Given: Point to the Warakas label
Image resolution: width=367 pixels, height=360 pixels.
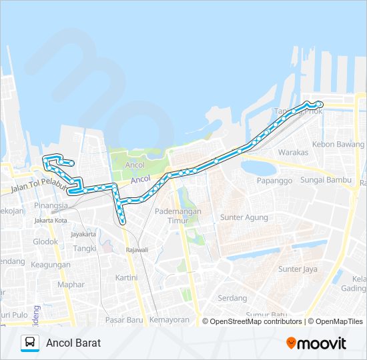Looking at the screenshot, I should click(293, 152).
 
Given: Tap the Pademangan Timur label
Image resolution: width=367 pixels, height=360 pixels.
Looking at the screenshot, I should click(173, 215).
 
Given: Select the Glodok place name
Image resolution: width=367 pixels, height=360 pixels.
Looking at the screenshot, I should click(45, 241).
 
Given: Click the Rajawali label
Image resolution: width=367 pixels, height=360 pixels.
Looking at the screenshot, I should click(137, 250).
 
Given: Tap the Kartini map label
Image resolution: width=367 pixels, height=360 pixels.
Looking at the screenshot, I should click(126, 277).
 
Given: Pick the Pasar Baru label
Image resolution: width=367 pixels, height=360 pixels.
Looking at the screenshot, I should click(125, 320).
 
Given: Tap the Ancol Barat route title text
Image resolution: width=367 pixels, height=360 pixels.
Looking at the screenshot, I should click(73, 343).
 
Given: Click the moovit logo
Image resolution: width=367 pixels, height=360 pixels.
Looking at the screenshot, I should click(316, 343).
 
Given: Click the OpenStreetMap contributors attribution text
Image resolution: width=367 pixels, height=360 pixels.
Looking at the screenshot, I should click(256, 321).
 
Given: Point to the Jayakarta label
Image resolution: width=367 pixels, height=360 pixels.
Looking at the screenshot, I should click(83, 234).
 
